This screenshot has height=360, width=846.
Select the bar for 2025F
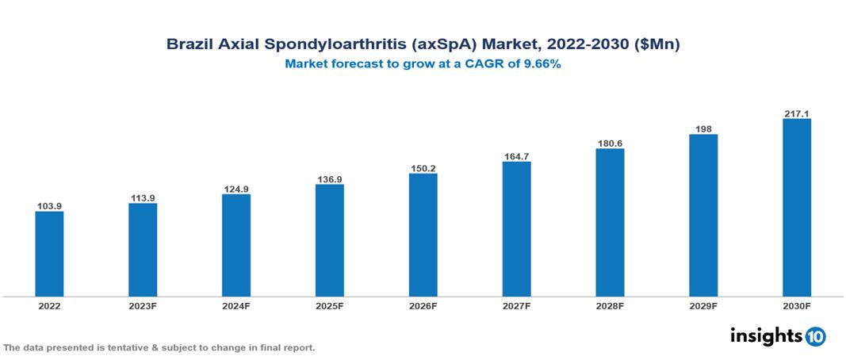(329, 240)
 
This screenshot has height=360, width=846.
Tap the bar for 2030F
(796, 208)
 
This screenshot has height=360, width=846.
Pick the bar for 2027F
(516, 229)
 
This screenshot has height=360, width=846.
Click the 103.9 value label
(49, 206)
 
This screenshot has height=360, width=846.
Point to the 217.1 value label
(796, 113)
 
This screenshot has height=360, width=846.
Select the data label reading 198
(703, 128)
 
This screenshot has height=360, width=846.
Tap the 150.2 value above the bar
(423, 168)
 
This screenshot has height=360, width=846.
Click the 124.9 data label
(236, 189)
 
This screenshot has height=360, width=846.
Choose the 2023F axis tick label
(143, 306)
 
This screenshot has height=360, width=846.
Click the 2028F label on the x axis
(610, 306)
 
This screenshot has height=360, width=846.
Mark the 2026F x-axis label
(423, 306)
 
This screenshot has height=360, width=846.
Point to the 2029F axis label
(703, 306)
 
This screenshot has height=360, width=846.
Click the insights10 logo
(778, 336)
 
